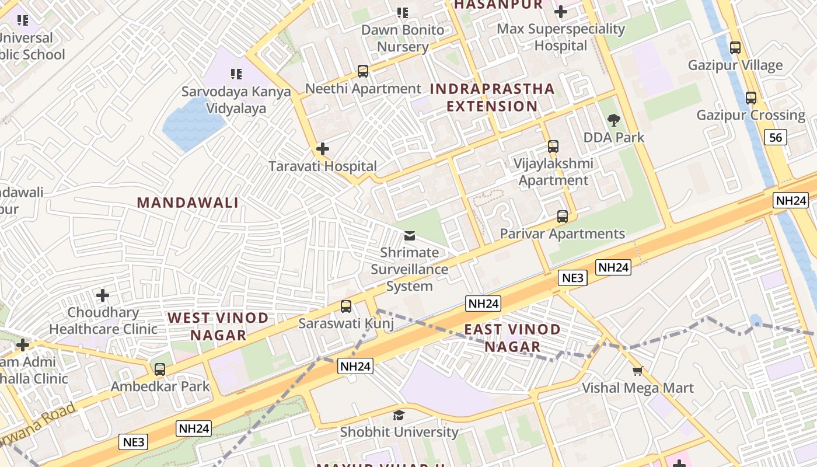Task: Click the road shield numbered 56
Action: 776,137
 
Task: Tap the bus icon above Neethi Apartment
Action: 363,71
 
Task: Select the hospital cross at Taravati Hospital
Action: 322,149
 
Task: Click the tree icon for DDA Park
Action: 613,120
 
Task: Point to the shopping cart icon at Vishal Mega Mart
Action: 638,371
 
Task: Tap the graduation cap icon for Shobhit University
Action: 399,415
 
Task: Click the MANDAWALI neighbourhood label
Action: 187,203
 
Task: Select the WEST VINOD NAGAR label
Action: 218,326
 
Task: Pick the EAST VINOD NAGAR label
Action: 512,338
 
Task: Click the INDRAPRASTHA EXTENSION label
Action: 492,97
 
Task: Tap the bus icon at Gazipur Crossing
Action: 751,98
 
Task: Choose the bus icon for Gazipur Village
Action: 735,48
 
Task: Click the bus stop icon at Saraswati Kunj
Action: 346,306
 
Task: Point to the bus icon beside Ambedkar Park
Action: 160,370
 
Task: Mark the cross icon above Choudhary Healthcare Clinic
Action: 103,295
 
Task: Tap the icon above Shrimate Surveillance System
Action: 410,236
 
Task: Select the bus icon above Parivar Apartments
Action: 563,217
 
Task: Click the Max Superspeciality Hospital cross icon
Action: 561,11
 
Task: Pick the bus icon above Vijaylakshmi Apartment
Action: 553,147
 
